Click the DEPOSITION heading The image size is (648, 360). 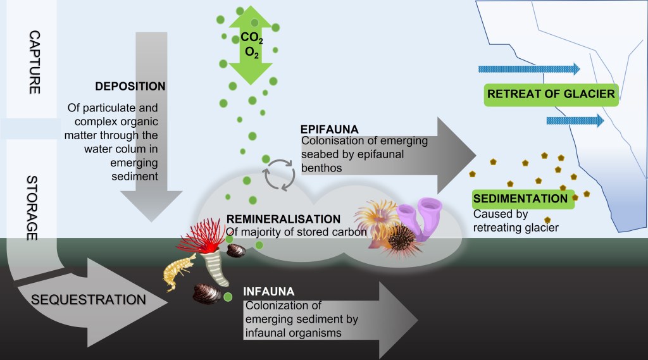coord(130,86)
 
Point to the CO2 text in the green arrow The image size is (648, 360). coord(252,37)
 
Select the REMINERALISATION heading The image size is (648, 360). coord(283,219)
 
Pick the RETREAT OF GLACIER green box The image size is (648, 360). coord(551,94)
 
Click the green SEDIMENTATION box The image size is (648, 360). coord(521,199)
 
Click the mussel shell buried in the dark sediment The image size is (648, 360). coord(207,293)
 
